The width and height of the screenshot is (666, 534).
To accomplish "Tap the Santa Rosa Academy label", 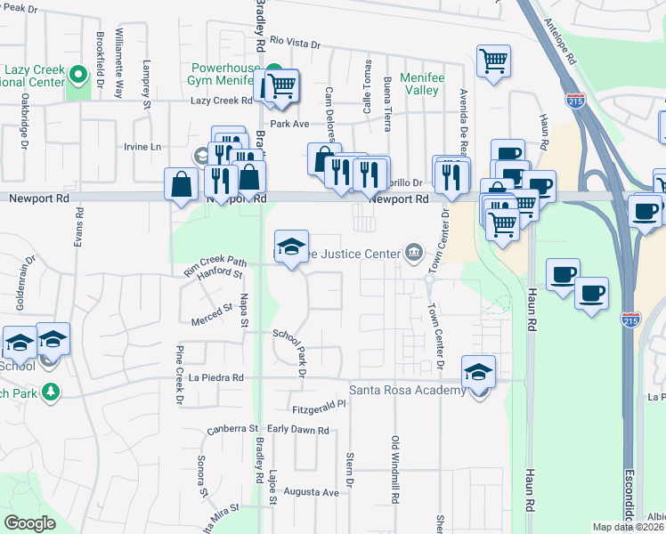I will [407, 391].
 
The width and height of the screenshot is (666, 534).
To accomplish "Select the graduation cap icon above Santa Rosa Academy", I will [478, 372].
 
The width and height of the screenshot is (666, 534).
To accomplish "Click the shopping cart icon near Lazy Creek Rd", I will [281, 86].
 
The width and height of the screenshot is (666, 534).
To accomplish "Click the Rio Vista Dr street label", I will [295, 41].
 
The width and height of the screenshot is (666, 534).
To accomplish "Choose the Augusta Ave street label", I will [312, 492].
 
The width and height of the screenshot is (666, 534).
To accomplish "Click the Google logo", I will [30, 523].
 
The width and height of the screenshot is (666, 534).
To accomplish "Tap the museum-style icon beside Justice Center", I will [413, 255].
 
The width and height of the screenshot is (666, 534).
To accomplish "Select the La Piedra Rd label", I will [216, 377].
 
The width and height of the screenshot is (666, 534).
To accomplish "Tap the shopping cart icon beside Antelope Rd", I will [493, 61].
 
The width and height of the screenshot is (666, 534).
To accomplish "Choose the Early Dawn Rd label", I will [298, 430].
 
